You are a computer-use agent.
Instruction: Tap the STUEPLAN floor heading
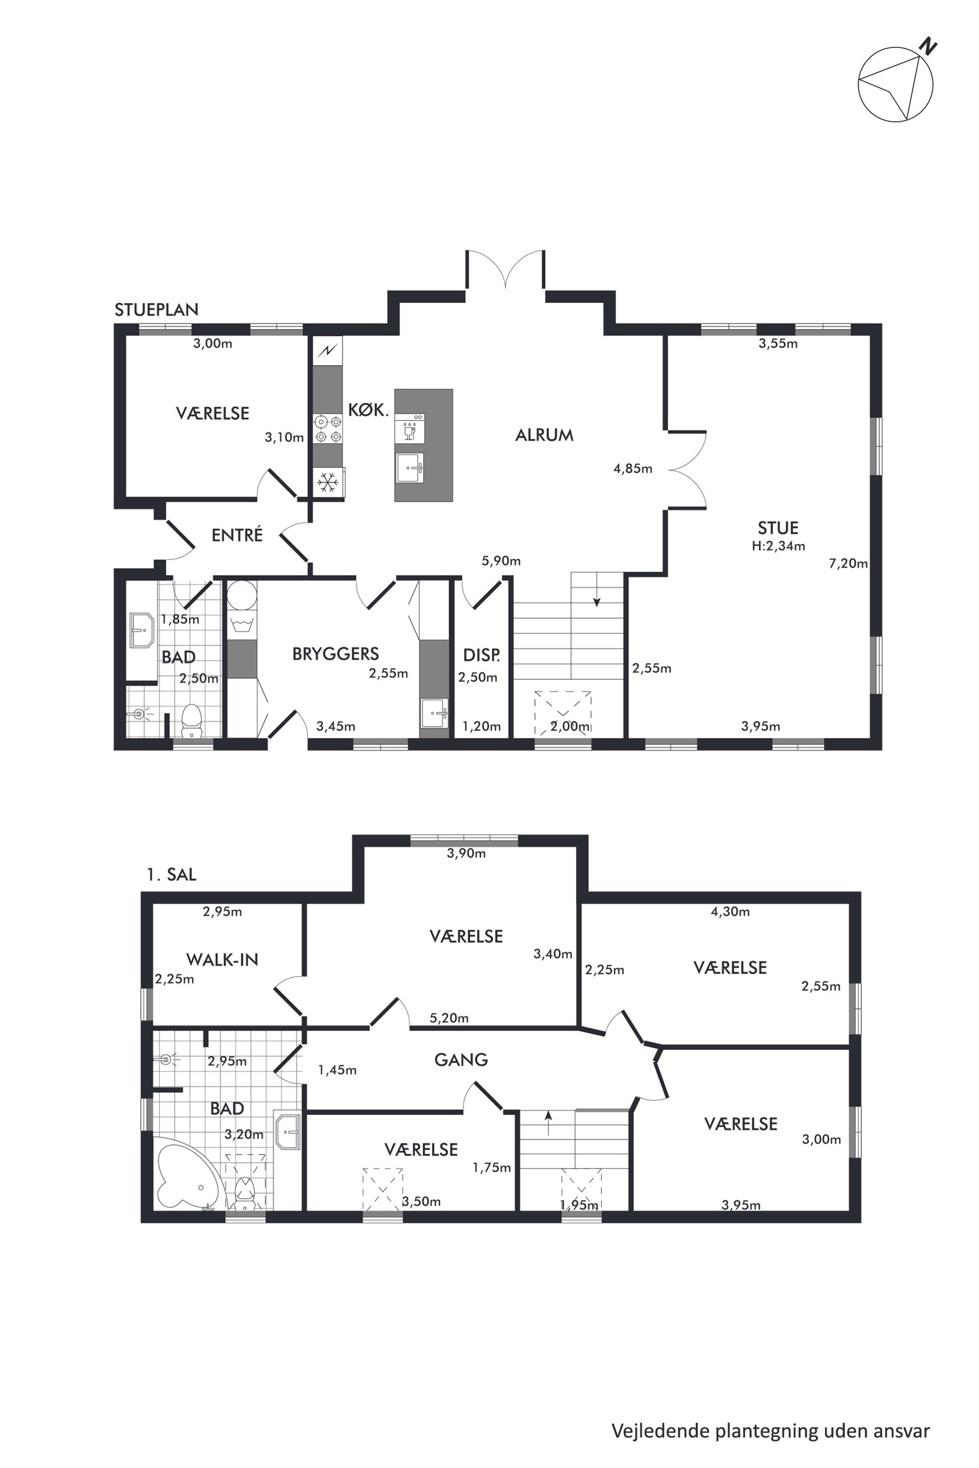point(157,310)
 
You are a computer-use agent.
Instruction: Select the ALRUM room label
point(544,435)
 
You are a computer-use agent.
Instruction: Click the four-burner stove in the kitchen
point(328,429)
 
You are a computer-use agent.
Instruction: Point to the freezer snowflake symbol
point(328,482)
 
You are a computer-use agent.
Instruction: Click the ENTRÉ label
point(237,535)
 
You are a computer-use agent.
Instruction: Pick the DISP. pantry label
point(482,655)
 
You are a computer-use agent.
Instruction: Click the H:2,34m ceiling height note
point(779,546)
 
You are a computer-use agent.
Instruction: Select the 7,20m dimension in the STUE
point(848,564)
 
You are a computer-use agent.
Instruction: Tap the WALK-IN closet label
point(222,959)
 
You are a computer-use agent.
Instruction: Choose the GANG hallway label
point(461,1059)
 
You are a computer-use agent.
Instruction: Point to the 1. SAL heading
point(172,875)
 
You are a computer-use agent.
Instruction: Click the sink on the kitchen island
point(410,468)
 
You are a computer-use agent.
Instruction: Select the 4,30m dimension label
point(730,912)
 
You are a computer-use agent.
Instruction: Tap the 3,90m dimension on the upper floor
point(466,853)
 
